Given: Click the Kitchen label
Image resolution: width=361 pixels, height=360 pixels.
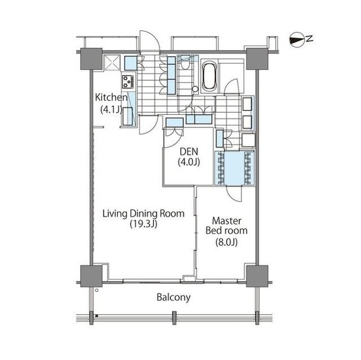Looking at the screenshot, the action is (111, 97).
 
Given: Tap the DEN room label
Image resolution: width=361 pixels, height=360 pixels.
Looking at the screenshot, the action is (189, 152).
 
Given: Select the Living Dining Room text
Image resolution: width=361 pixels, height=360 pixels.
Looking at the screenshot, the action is (143, 214).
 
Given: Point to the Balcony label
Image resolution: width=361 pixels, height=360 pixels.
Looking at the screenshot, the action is (174, 297).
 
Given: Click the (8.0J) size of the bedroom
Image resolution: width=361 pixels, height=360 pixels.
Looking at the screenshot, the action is (227, 242).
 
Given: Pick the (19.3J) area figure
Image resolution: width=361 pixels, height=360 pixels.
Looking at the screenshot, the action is (143, 224).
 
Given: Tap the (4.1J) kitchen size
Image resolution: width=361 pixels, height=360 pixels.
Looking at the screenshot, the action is (111, 109).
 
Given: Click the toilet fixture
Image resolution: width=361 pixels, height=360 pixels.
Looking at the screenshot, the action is (184, 63).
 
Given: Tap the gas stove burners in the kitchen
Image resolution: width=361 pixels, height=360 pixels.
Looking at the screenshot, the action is (128, 82).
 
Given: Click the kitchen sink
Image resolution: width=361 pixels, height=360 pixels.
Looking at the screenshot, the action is (127, 116).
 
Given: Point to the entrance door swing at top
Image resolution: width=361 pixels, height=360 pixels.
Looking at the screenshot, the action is (149, 41).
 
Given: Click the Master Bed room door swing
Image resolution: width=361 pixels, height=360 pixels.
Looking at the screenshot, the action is (234, 194).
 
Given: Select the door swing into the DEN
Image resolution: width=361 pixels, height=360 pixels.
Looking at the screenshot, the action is (173, 139).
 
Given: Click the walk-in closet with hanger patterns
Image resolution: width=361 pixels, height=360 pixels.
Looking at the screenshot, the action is (235, 168).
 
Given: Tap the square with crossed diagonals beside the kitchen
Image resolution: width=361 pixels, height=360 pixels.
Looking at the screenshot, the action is (112, 63).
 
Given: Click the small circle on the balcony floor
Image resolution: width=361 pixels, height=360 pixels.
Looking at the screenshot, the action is (96, 290).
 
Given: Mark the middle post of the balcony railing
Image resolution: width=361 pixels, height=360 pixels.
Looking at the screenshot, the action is (174, 318).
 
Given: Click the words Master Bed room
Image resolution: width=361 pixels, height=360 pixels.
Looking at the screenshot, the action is (227, 226).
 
